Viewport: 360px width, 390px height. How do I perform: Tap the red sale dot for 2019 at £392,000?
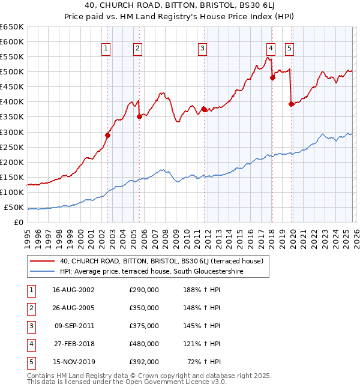(292, 104)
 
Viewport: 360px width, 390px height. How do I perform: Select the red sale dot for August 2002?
(108, 135)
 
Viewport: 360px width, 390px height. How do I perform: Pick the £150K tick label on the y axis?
(12, 178)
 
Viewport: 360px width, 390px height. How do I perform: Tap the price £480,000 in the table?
(144, 344)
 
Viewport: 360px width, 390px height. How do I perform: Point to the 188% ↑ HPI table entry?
(199, 289)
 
